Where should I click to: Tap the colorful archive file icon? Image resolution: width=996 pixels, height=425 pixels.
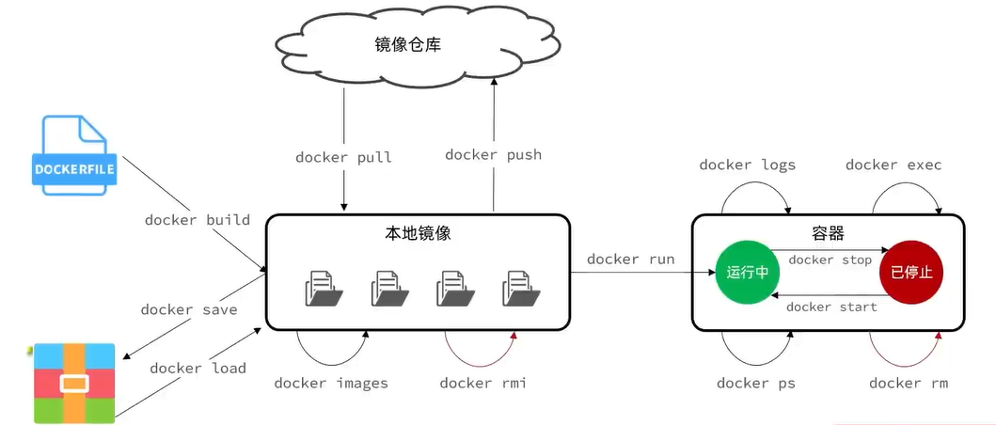tap(74, 383)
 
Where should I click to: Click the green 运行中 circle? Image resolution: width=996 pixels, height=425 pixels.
tap(748, 273)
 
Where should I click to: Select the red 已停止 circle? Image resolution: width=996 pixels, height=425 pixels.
tap(911, 273)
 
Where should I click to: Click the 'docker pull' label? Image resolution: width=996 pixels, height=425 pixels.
tap(343, 157)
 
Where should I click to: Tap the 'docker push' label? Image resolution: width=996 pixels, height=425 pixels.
tap(493, 154)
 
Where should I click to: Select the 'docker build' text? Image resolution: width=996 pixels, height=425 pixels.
tap(198, 220)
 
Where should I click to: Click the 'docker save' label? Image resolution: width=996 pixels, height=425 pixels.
tap(188, 309)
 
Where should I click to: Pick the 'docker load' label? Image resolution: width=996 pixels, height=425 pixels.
tap(198, 368)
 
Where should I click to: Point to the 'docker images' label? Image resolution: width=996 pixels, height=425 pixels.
tap(331, 383)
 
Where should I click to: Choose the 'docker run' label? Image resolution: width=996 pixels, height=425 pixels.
tap(630, 260)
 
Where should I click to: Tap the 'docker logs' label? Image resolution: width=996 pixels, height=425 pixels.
tap(747, 165)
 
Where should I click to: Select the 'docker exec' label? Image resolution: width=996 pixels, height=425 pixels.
tap(893, 165)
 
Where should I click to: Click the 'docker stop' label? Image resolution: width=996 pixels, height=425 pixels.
tap(830, 260)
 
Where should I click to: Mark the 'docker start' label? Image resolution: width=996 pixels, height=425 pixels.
tap(831, 307)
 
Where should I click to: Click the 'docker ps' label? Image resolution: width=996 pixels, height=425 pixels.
tap(755, 383)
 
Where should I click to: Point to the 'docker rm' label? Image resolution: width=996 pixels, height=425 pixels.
tap(909, 383)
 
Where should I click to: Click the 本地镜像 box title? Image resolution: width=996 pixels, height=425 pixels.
tap(419, 233)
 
